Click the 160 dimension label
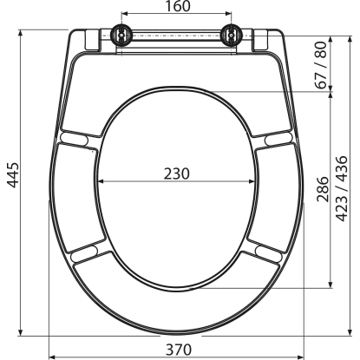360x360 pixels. [178, 6]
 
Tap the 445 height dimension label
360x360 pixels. [13, 175]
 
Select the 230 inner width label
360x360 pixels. [177, 174]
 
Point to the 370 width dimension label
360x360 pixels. [179, 350]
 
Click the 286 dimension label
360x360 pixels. [323, 189]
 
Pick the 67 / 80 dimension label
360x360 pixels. [321, 65]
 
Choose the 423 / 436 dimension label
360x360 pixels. [342, 189]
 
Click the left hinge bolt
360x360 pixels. [121, 35]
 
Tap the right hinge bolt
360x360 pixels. [231, 35]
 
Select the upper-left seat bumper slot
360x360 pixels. [74, 138]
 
